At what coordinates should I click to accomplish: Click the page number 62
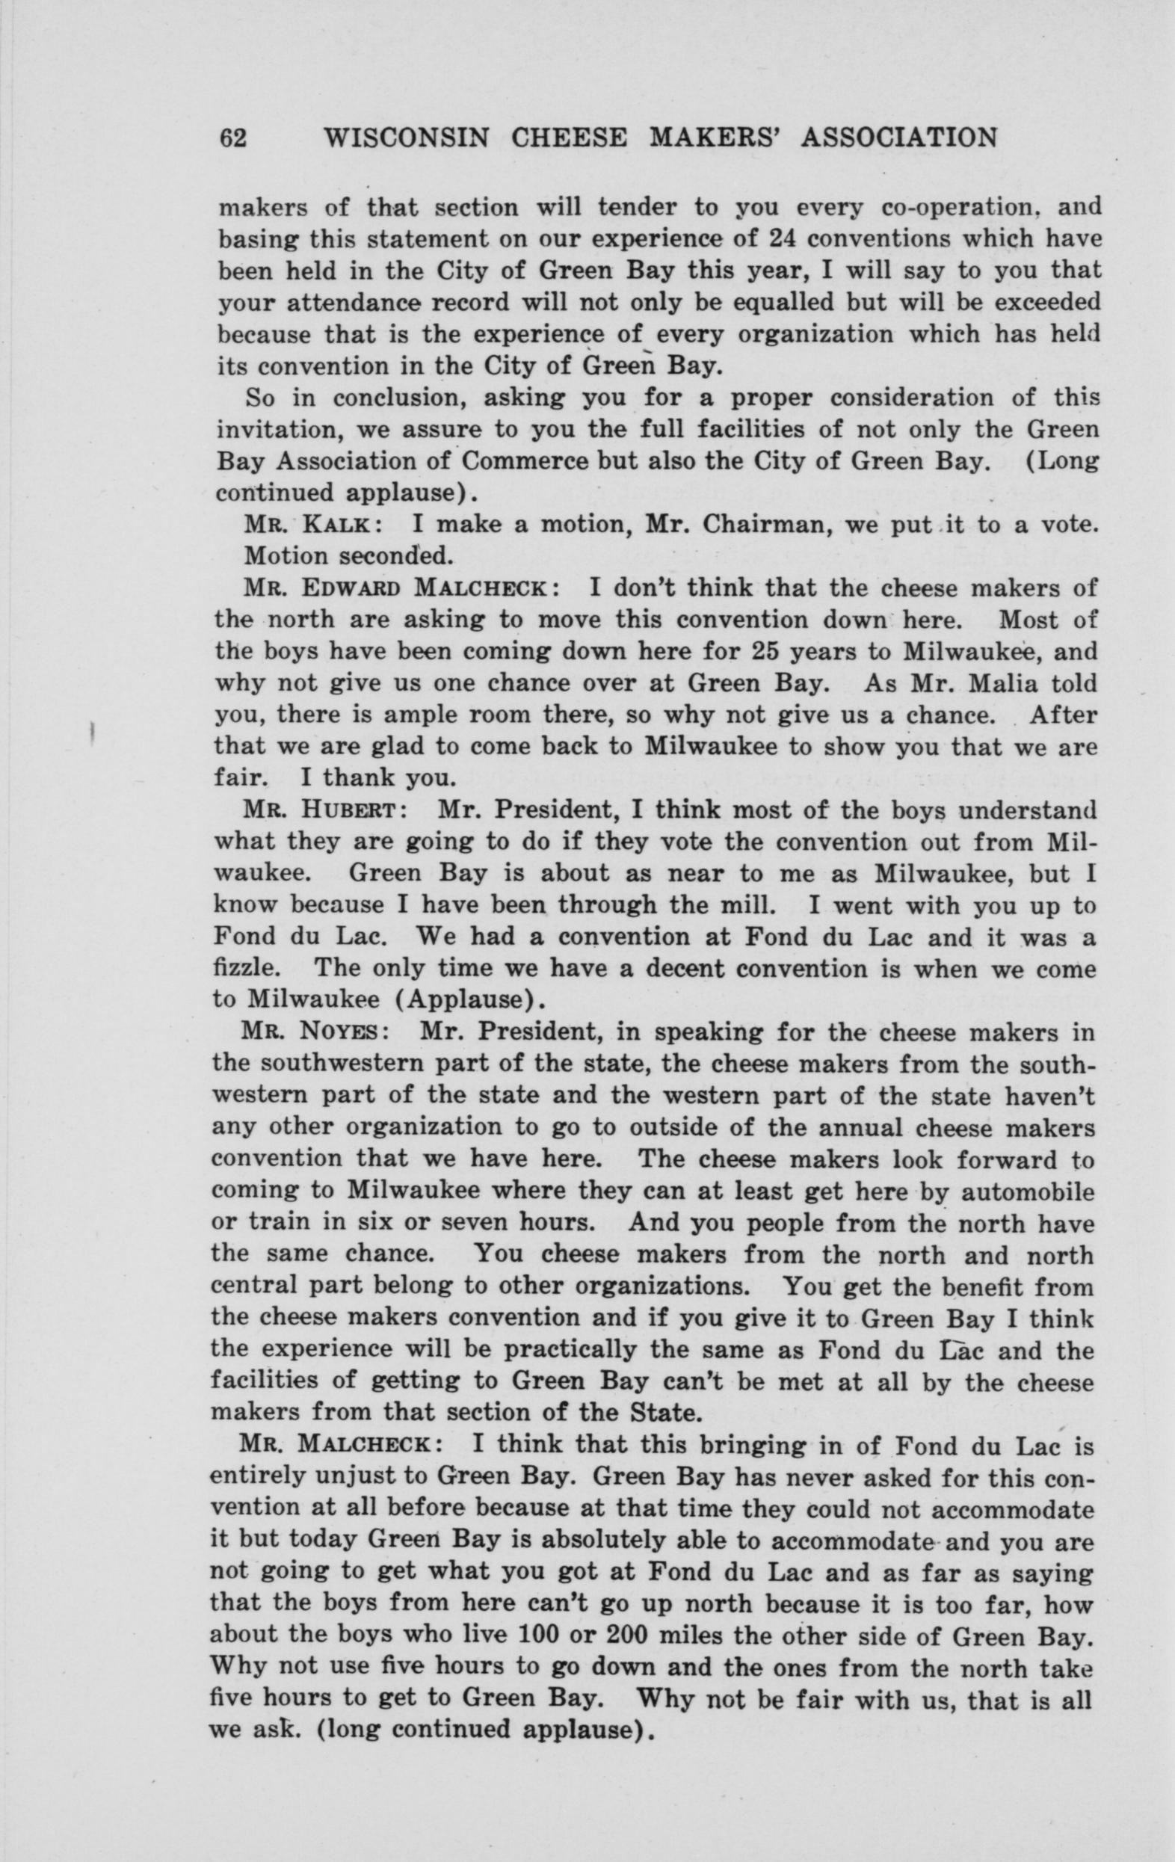pyautogui.click(x=232, y=138)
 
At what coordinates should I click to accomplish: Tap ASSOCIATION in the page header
pyautogui.click(x=899, y=138)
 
